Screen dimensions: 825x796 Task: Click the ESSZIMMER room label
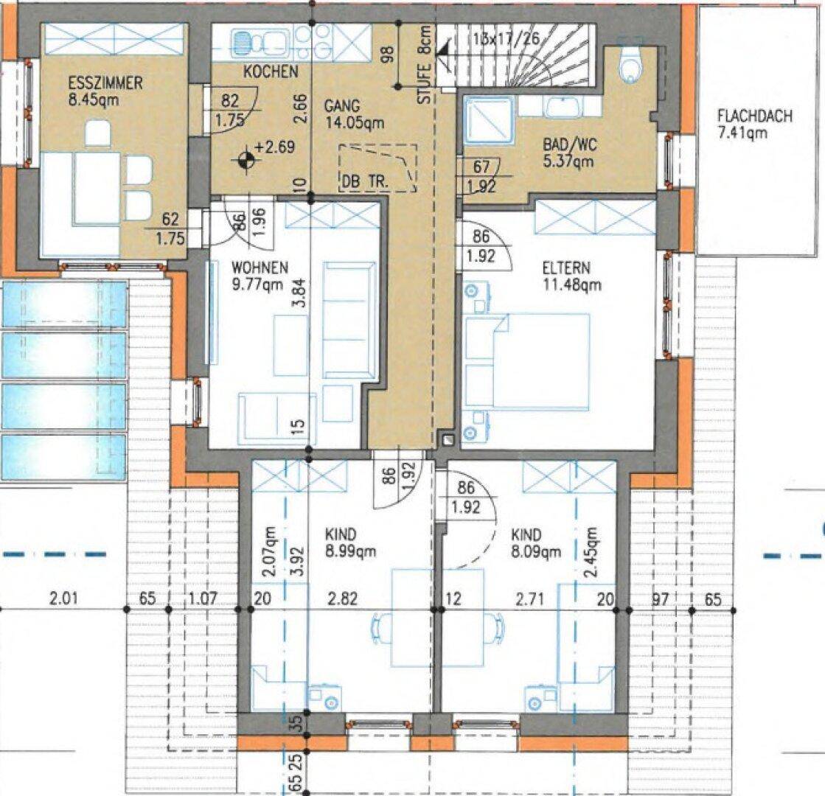105,83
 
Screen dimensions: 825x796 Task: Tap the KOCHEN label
271,71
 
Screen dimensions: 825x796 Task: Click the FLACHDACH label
755,116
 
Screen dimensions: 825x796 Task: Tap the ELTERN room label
567,268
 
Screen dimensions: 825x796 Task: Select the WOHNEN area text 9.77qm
257,284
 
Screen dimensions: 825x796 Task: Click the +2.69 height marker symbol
246,161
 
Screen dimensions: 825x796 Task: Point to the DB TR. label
365,181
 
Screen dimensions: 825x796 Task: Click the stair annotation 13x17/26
507,38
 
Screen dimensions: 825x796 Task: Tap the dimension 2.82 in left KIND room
343,598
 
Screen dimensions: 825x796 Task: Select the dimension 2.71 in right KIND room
529,598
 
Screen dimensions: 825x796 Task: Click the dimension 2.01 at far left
63,598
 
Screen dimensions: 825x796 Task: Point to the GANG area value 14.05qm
355,123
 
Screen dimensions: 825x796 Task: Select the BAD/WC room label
570,144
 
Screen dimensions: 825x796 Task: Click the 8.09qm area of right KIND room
536,552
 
